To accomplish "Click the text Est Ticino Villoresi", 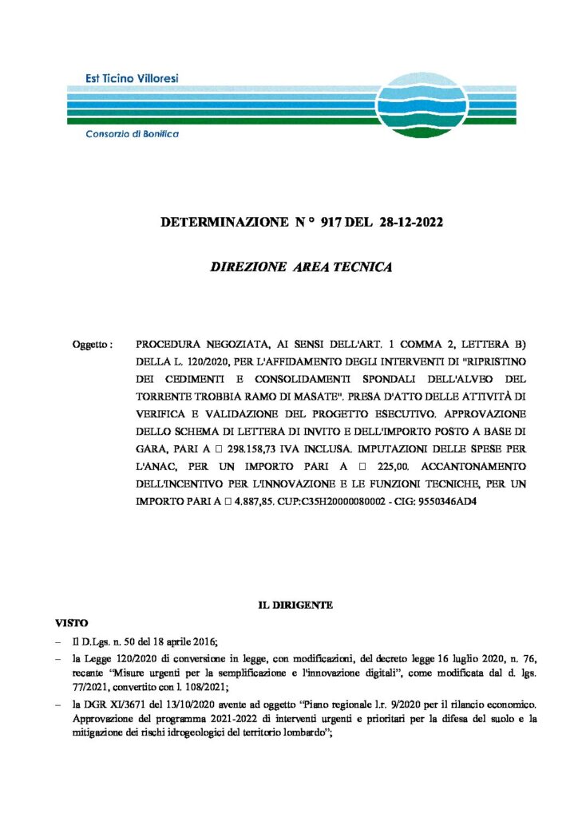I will [x=132, y=77].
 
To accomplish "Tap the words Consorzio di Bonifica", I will [x=132, y=134].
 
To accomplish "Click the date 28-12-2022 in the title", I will [x=410, y=223].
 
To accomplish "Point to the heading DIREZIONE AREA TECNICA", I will [x=301, y=267].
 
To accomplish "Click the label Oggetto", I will [x=91, y=345].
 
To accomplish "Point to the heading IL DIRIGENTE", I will [x=295, y=606].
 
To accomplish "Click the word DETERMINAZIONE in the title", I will [x=216, y=223].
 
